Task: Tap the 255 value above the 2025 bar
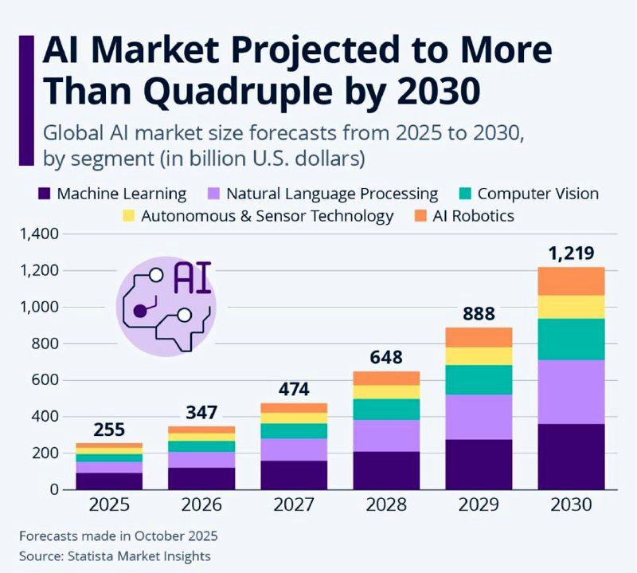pyautogui.click(x=109, y=430)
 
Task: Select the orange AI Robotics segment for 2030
pyautogui.click(x=571, y=281)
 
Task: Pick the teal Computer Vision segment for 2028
pyautogui.click(x=387, y=409)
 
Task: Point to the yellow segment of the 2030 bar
pyautogui.click(x=571, y=307)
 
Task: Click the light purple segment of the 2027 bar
pyautogui.click(x=293, y=449)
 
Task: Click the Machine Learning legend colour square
pyautogui.click(x=45, y=194)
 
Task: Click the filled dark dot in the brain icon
pyautogui.click(x=140, y=311)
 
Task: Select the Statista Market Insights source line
pyautogui.click(x=115, y=555)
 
